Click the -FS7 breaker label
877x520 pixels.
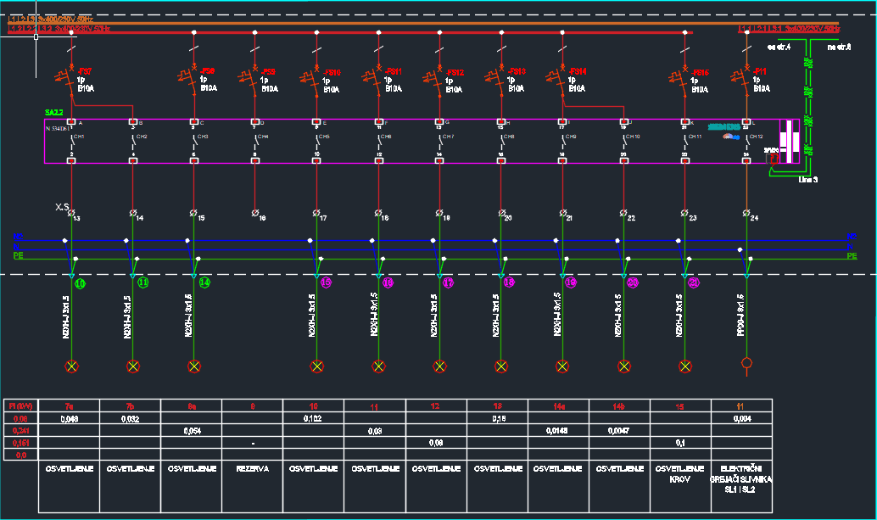pos(86,71)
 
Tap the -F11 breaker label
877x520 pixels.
pos(761,71)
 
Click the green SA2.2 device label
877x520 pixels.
pos(54,112)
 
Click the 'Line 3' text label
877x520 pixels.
pos(808,179)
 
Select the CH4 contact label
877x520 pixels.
pos(263,137)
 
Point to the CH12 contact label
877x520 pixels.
pos(756,137)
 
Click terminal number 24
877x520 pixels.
pos(754,219)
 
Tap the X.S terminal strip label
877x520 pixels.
pos(62,207)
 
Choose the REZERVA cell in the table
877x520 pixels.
pos(253,468)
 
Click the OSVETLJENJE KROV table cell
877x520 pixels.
pos(681,473)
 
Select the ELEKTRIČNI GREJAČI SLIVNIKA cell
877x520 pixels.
pos(742,478)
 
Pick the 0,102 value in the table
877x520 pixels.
pos(314,419)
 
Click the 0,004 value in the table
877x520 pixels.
pos(742,419)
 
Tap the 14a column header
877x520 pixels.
pos(559,407)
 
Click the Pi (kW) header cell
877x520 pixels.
pos(20,407)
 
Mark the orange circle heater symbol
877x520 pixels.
pos(746,365)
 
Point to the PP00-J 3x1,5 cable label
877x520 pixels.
pos(740,317)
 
